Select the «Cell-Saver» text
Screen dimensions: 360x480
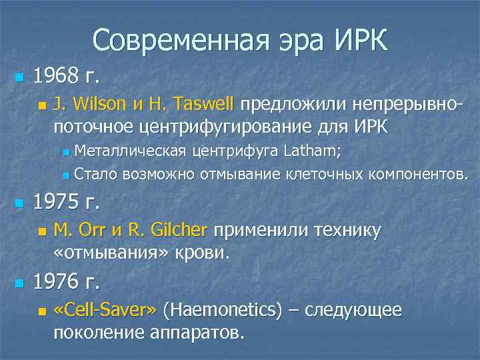105,310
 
